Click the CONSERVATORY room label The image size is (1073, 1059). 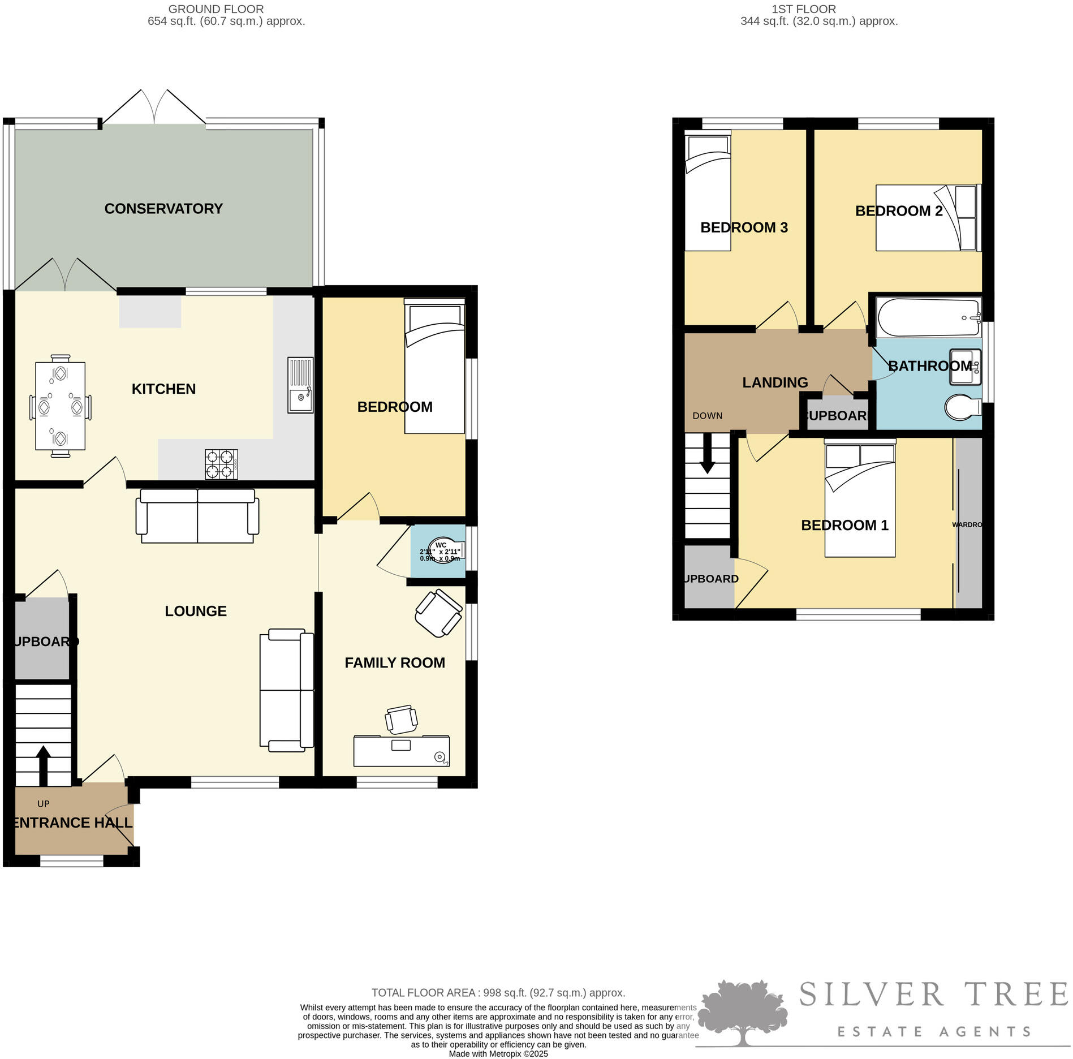pyautogui.click(x=163, y=209)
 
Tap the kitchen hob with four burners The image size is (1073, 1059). pyautogui.click(x=221, y=464)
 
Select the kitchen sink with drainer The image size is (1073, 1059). pyautogui.click(x=300, y=385)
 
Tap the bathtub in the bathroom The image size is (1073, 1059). pyautogui.click(x=928, y=318)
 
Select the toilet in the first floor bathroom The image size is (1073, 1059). pyautogui.click(x=963, y=407)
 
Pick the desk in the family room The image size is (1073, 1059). pyautogui.click(x=401, y=751)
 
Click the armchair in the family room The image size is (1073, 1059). pyautogui.click(x=438, y=613)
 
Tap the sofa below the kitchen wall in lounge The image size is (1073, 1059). pyautogui.click(x=197, y=516)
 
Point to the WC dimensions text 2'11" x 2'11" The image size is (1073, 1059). pyautogui.click(x=440, y=552)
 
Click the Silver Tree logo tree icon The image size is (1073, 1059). pyautogui.click(x=742, y=1013)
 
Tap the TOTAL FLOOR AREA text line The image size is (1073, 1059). pyautogui.click(x=498, y=992)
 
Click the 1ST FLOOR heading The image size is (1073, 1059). pyautogui.click(x=803, y=9)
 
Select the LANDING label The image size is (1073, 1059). pyautogui.click(x=775, y=382)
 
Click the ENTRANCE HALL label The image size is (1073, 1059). pyautogui.click(x=72, y=823)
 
